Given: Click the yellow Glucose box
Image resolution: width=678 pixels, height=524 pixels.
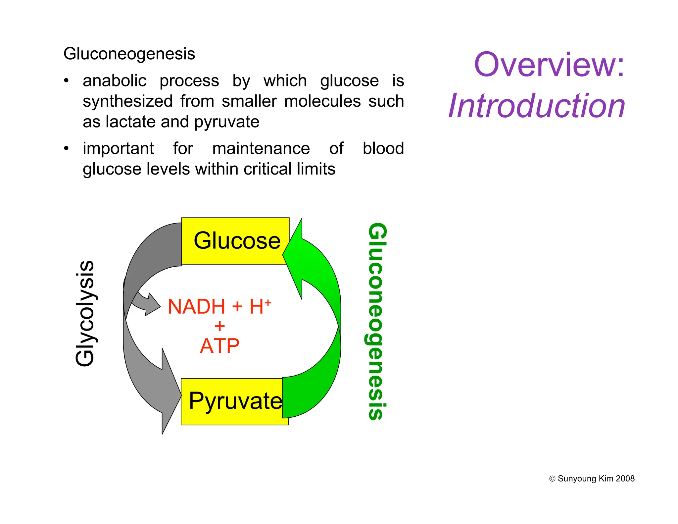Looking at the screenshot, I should coord(236,241).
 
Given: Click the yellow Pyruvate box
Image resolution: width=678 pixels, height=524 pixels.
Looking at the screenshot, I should coord(234,401).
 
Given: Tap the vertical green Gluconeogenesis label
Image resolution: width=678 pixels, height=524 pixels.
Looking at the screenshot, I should coord(377,321).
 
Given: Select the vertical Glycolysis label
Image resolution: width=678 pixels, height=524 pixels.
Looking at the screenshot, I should coord(85,313).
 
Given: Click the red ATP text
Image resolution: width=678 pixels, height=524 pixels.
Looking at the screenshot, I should coord(219,346).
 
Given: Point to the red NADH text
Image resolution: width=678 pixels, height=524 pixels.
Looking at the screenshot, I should coord(196,306).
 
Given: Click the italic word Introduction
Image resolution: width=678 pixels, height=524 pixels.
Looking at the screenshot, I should coord(537,106).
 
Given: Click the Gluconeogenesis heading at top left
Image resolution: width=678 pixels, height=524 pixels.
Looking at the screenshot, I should coord(129,54).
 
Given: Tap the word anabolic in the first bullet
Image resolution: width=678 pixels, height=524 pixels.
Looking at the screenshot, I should coord(115,81).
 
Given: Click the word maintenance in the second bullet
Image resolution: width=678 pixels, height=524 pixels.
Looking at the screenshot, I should coord(261,148).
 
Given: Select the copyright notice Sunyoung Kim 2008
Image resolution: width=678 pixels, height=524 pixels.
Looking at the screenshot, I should coord(592,479).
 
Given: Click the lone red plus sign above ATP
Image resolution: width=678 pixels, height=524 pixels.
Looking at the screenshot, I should coord(219,326).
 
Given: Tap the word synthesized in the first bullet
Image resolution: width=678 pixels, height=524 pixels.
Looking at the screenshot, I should coord(127,101).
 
